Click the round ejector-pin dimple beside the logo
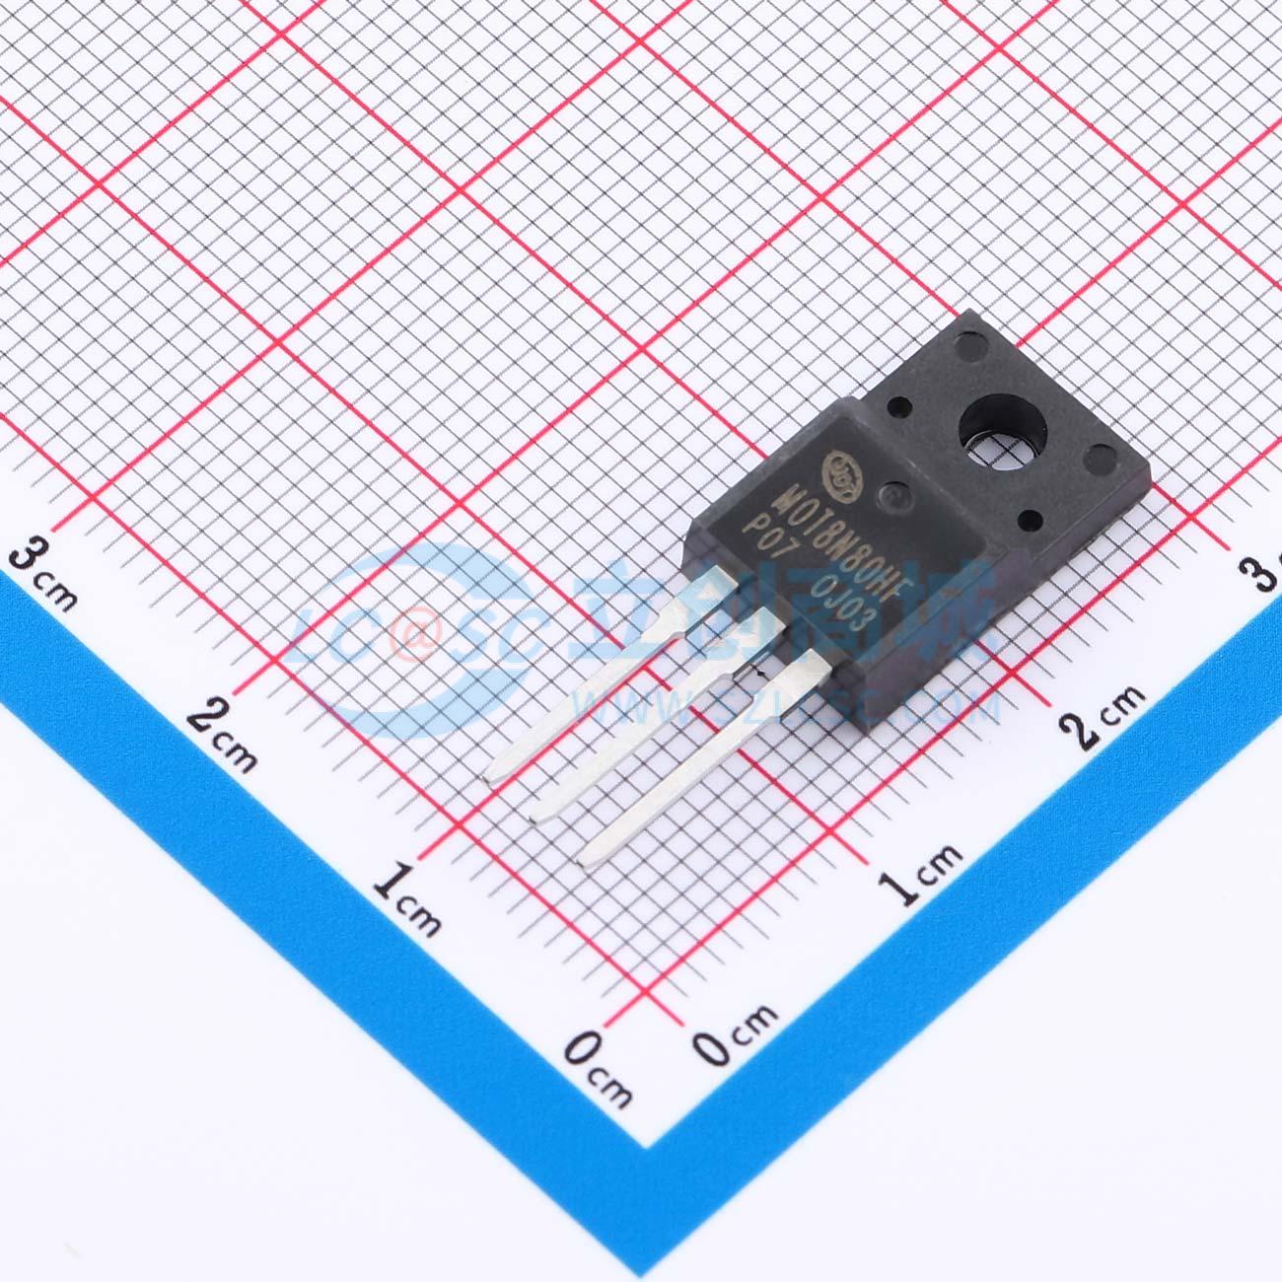coord(892,496)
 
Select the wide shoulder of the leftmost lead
coord(708,590)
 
